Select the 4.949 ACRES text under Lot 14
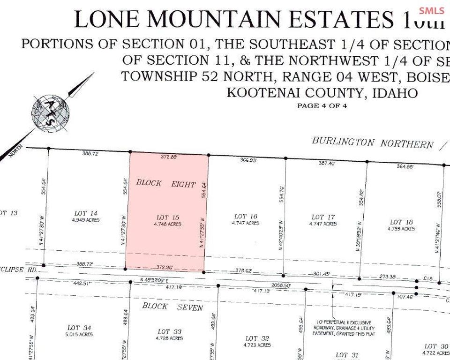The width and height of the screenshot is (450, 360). (86, 220)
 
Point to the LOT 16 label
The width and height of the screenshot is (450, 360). (246, 216)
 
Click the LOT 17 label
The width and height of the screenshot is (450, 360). (323, 217)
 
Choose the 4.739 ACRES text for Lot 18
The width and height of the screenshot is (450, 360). (401, 229)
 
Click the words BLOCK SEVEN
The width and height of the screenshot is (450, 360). (172, 307)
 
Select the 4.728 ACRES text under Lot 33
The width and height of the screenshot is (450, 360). (169, 338)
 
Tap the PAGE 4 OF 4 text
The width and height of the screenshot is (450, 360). (322, 105)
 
